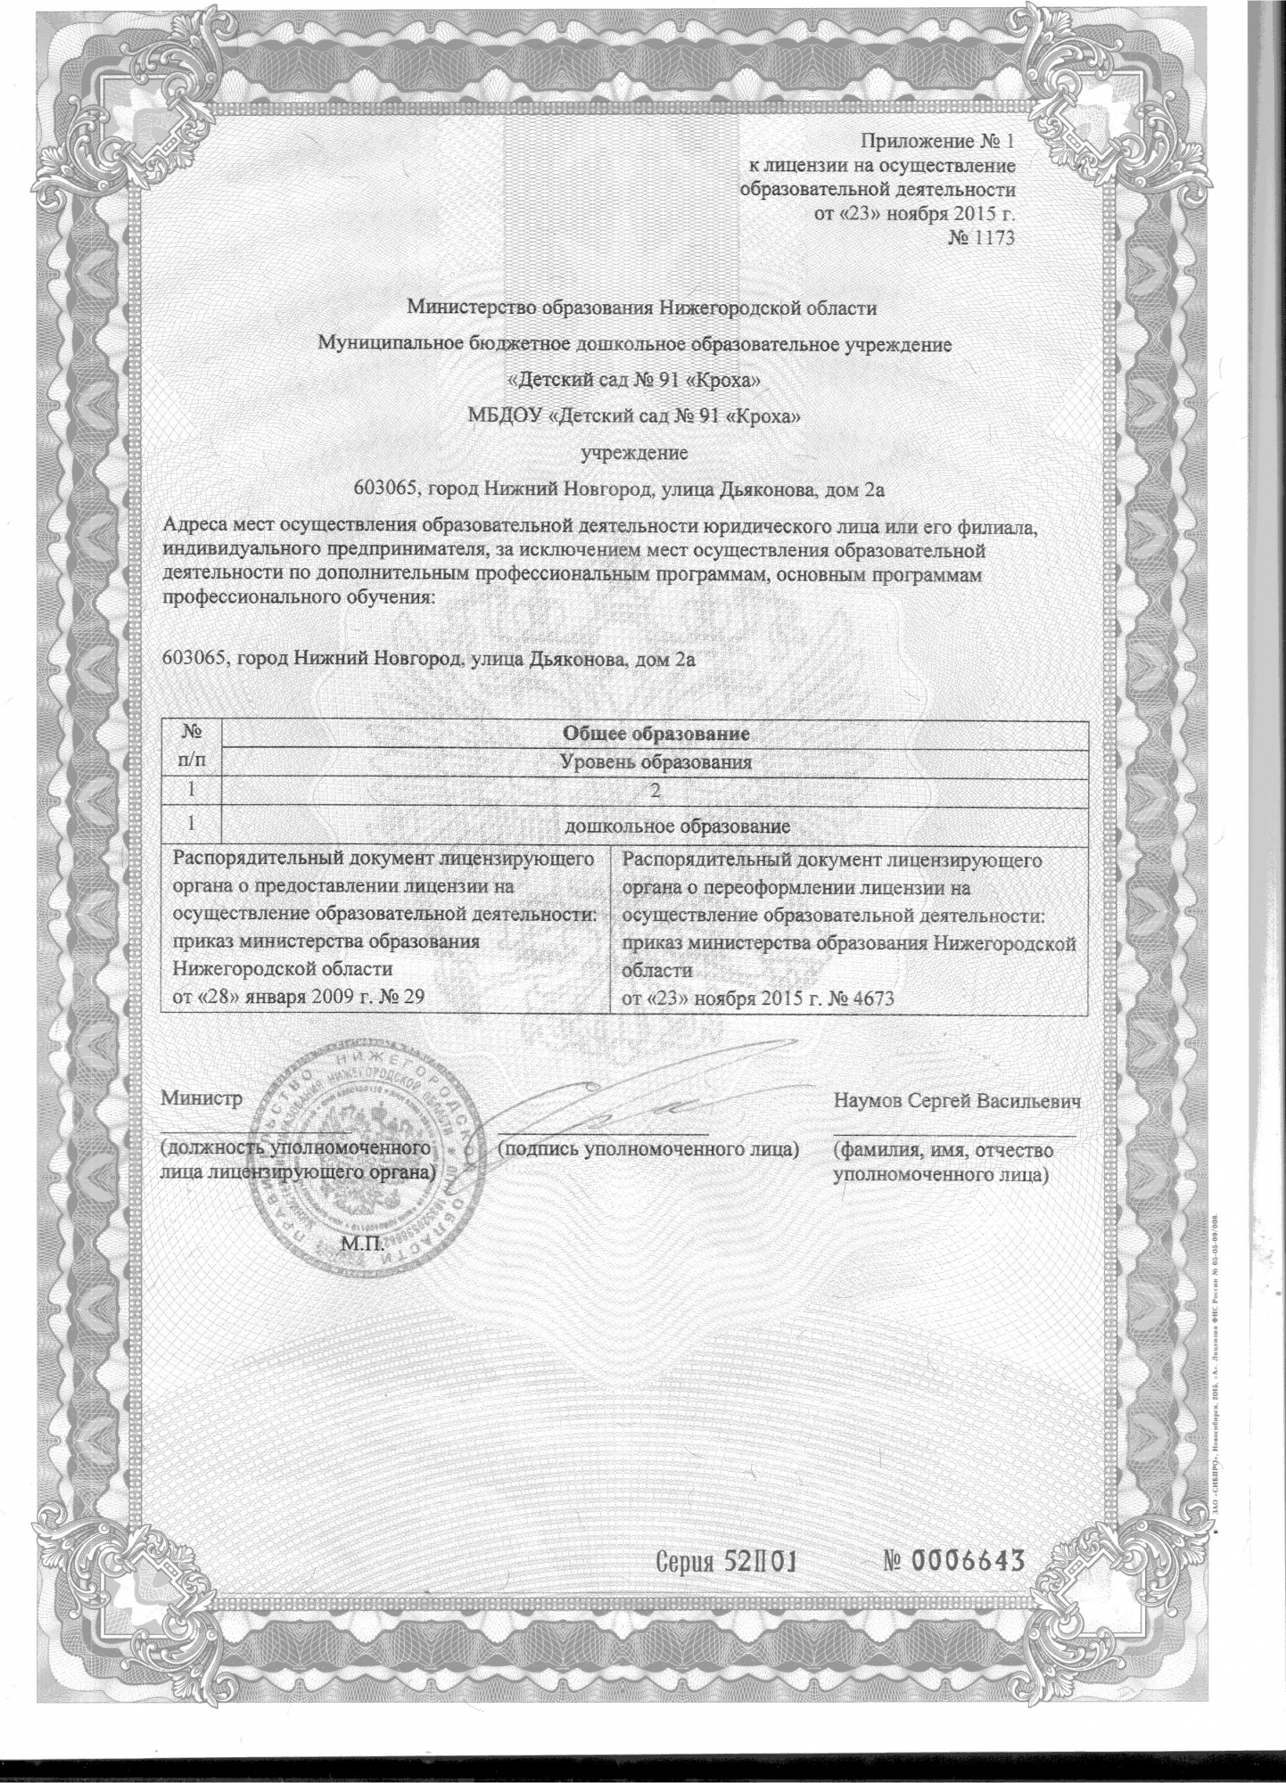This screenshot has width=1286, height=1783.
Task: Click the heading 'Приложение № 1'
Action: click(936, 141)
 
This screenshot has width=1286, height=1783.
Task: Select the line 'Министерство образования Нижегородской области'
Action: click(642, 308)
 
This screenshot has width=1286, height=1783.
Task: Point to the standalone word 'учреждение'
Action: click(634, 453)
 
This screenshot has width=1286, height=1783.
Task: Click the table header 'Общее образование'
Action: click(654, 735)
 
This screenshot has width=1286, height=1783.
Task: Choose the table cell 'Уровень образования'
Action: click(654, 762)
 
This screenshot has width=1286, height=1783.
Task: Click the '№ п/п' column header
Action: click(190, 747)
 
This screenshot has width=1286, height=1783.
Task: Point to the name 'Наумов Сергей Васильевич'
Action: click(958, 1100)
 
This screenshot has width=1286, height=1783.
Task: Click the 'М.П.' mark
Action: click(359, 1243)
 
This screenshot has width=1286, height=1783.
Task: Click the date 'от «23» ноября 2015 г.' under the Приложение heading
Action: click(916, 213)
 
